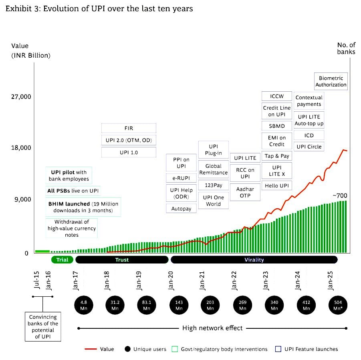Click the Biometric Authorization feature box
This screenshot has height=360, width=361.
pyautogui.click(x=331, y=81)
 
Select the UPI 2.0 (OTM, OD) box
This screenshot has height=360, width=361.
pyautogui.click(x=128, y=141)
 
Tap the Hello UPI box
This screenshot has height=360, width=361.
pyautogui.click(x=276, y=185)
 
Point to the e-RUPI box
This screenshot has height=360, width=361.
pyautogui.click(x=181, y=178)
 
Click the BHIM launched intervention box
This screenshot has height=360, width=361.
pyautogui.click(x=83, y=207)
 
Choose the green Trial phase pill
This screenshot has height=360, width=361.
pyautogui.click(x=62, y=260)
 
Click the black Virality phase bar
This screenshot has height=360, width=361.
pyautogui.click(x=254, y=260)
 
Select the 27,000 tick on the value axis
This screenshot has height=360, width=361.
pyautogui.click(x=21, y=97)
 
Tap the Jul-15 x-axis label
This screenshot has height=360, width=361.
pyautogui.click(x=36, y=280)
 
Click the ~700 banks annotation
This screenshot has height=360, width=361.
pyautogui.click(x=340, y=196)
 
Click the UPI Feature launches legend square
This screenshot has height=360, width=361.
pyautogui.click(x=278, y=349)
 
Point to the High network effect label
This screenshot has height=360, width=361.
pyautogui.click(x=212, y=328)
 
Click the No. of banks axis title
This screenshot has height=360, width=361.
pyautogui.click(x=346, y=48)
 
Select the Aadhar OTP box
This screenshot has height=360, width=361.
pyautogui.click(x=245, y=192)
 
